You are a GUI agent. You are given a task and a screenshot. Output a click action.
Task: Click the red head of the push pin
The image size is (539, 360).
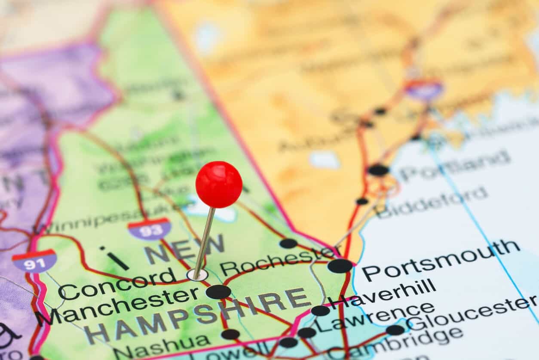coord(219,185)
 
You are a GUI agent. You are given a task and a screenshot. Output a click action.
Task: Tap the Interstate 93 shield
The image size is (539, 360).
coord(149,229)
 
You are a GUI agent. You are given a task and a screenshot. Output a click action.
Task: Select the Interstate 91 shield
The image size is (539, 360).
coord(34,261)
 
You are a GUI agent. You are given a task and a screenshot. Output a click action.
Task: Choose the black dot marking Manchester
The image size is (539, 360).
coord(218,292)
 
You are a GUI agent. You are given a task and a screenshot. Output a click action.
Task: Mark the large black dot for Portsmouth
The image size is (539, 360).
coord(340,266)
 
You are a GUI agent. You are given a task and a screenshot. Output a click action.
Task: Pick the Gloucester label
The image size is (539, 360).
coord(471,312)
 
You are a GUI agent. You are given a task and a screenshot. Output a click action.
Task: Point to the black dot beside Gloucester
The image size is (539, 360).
coord(395,330)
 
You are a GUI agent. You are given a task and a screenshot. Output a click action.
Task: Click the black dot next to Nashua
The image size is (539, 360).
coord(230,334)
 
